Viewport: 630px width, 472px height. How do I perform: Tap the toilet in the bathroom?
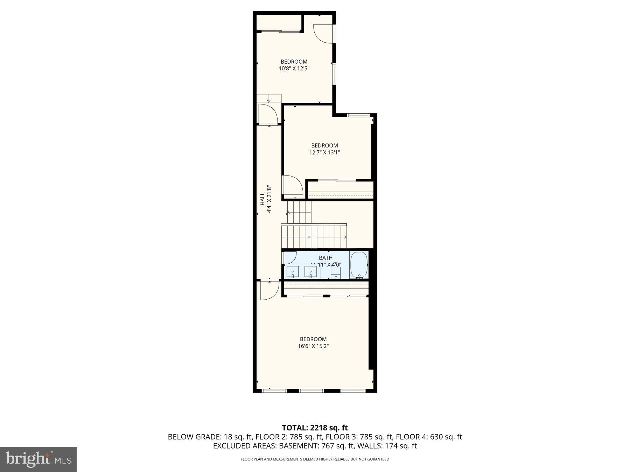[336, 271]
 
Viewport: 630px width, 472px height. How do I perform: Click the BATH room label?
[325, 258]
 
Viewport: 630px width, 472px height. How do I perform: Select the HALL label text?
[262, 199]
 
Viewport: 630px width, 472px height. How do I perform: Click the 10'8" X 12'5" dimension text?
[294, 69]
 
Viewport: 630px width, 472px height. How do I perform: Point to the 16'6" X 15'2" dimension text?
[313, 346]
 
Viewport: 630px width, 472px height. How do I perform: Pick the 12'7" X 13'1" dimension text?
[324, 152]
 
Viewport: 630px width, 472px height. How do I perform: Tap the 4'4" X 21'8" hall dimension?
[269, 199]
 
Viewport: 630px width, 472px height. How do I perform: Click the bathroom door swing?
[290, 257]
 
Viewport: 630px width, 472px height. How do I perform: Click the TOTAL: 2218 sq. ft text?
[315, 428]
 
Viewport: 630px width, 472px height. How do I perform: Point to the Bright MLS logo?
[38, 459]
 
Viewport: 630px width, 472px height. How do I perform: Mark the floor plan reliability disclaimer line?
[315, 459]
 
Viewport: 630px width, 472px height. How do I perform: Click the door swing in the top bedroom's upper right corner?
[323, 33]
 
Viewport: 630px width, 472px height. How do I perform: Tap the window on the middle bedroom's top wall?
[358, 115]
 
